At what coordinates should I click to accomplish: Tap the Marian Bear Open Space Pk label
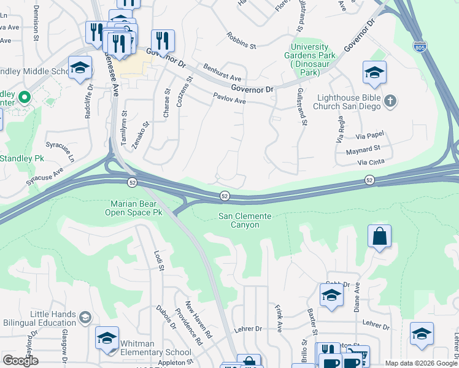point(136,208)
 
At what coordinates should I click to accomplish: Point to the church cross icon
point(390,101)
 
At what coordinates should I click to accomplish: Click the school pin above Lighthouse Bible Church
point(374,72)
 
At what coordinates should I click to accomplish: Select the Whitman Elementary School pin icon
point(107,339)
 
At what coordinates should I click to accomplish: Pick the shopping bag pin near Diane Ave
point(379,236)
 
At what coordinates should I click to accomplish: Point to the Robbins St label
point(241,41)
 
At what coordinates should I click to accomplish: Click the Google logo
point(20,361)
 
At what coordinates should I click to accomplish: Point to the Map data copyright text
point(421,363)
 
